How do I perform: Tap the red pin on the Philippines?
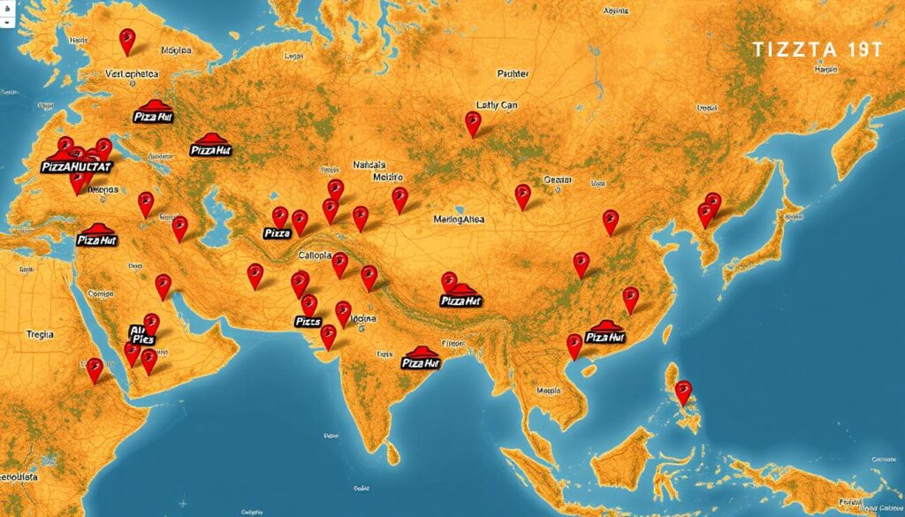(x=682, y=391)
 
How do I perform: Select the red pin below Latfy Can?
(x=474, y=123)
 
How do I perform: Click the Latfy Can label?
(x=496, y=104)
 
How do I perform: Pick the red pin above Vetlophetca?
(x=126, y=41)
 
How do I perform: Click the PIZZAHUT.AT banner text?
(x=78, y=165)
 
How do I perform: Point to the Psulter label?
(x=512, y=75)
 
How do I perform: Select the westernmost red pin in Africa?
(x=95, y=369)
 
